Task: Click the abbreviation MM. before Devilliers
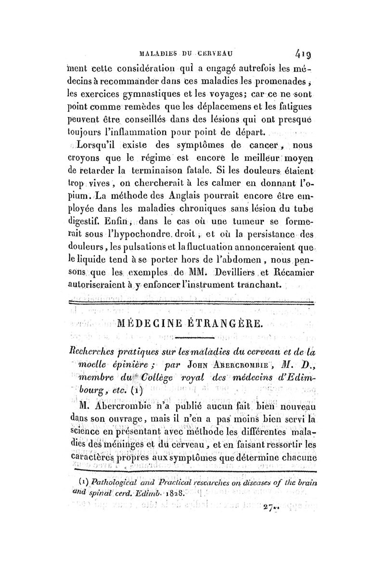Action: [191, 273]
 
